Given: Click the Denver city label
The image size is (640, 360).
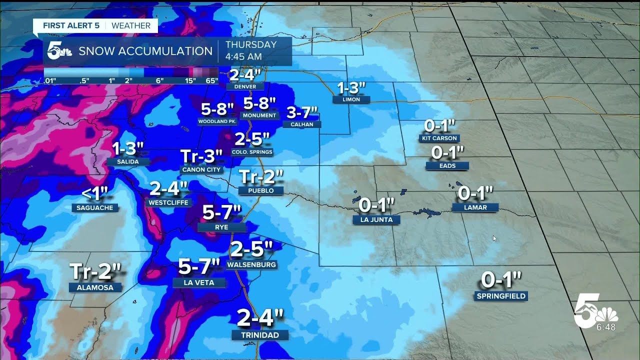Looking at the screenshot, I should pyautogui.click(x=244, y=86).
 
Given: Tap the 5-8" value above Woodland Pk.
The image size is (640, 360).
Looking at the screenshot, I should pyautogui.click(x=217, y=108).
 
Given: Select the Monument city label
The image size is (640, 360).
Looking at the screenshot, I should pyautogui.click(x=260, y=115).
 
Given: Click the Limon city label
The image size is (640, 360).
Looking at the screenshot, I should pyautogui.click(x=352, y=99).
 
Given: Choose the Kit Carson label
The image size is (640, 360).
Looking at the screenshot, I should pyautogui.click(x=439, y=138).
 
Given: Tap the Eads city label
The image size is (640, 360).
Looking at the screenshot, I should pyautogui.click(x=447, y=165).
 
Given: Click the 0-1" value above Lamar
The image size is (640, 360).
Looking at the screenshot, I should pyautogui.click(x=475, y=192).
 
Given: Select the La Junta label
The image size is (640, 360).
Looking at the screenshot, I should pyautogui.click(x=376, y=219).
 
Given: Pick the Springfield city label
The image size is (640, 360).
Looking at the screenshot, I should pyautogui.click(x=501, y=296).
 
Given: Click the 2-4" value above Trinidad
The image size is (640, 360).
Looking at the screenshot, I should pyautogui.click(x=260, y=317).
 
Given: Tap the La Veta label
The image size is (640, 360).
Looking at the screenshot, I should pyautogui.click(x=199, y=282).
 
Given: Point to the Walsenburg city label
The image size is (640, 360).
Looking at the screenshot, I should pyautogui.click(x=251, y=264).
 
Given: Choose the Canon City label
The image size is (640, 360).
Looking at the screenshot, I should pyautogui.click(x=201, y=169).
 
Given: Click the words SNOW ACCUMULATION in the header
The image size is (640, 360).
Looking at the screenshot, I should pyautogui.click(x=145, y=51).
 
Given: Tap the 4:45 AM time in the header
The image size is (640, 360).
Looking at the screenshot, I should pyautogui.click(x=243, y=56).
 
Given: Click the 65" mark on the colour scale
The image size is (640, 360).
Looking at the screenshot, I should pyautogui.click(x=211, y=80).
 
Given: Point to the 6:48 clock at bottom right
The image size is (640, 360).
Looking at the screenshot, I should pyautogui.click(x=605, y=327).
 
